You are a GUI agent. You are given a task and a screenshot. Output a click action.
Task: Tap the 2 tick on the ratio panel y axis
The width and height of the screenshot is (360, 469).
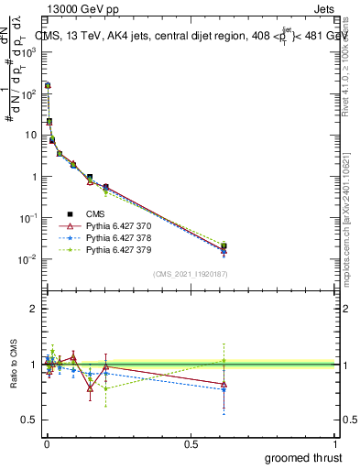tap(36, 309)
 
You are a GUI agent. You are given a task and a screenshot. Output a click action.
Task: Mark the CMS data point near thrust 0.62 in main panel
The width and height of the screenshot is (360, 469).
tap(224, 246)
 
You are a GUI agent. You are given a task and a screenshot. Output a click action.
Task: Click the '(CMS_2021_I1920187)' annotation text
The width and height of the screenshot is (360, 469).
tap(190, 274)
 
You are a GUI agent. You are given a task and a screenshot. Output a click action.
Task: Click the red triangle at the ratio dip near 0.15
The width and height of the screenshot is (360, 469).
tap(90, 387)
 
